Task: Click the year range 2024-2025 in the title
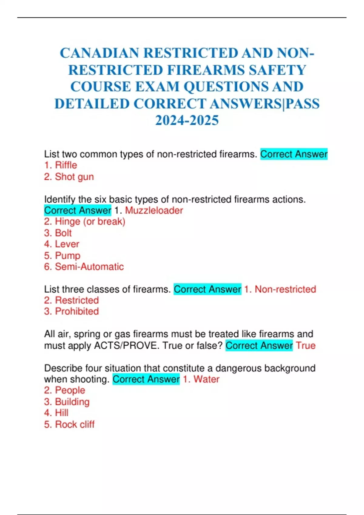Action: [x=187, y=120]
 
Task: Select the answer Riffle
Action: [x=66, y=165]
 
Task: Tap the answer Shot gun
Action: [x=74, y=177]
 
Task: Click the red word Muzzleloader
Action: [x=154, y=211]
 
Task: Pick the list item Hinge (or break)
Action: [x=90, y=222]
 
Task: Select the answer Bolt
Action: [x=63, y=233]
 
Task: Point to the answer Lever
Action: [x=67, y=244]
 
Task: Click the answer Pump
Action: [x=68, y=256]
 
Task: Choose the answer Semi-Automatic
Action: [x=89, y=267]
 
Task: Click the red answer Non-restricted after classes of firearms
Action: [x=285, y=289]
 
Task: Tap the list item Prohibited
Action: [x=77, y=311]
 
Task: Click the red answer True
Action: [x=306, y=346]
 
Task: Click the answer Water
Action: [x=206, y=379]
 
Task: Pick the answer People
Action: [x=70, y=390]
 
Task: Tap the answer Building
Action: [x=72, y=402]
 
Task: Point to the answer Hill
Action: [x=62, y=413]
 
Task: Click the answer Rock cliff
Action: [x=75, y=424]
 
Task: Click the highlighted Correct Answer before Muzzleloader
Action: [x=78, y=211]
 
